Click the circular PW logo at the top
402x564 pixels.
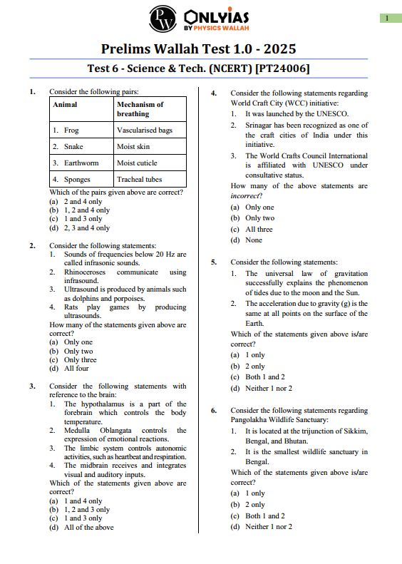[163, 19]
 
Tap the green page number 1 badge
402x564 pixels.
[387, 18]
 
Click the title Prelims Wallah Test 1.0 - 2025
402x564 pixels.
[198, 49]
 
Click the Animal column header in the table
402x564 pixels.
[66, 104]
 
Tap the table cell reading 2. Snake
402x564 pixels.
[68, 146]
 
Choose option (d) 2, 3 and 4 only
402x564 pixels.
[79, 228]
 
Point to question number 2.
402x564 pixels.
[32, 245]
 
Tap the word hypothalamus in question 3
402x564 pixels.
[105, 404]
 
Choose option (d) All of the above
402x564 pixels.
[81, 528]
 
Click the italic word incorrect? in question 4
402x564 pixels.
[247, 195]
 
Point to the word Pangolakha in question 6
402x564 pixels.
[249, 420]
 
